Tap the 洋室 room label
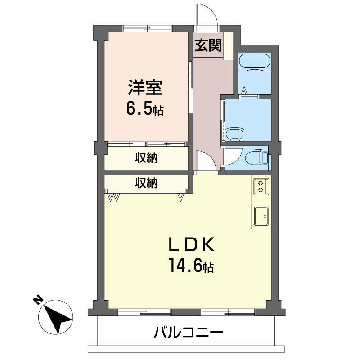[145, 87]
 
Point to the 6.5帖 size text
[145, 110]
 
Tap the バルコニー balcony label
[189, 333]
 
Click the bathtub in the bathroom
[254, 62]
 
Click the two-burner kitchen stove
[261, 186]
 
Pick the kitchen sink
[261, 216]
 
